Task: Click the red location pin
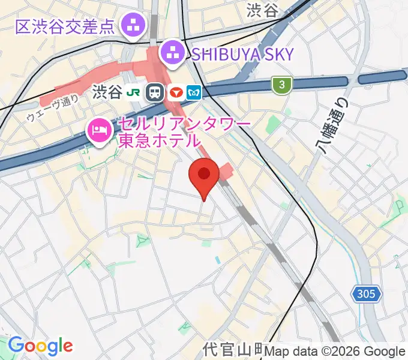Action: [x=204, y=176]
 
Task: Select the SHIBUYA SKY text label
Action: [x=242, y=55]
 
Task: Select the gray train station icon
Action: [x=155, y=92]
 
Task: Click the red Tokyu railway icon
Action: [x=176, y=92]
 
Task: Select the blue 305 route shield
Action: [x=366, y=294]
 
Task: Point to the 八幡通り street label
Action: [x=329, y=131]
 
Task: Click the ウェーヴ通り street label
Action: [x=52, y=109]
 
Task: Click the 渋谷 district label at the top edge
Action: [x=263, y=10]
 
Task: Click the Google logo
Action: [x=40, y=346]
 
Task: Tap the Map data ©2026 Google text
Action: [x=335, y=352]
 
